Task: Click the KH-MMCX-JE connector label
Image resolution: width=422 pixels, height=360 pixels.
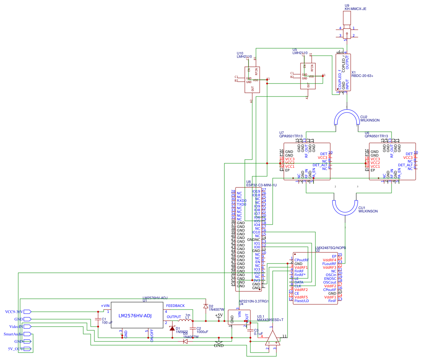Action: tap(356, 9)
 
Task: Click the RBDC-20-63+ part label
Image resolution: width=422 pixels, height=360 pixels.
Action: tap(362, 76)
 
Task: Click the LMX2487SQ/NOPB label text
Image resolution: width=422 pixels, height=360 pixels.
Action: tap(331, 247)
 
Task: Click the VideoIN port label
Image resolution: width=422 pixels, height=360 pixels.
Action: tap(16, 327)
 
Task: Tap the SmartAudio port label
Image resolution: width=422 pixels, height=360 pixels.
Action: tap(13, 334)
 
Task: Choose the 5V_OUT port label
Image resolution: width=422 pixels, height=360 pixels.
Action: tap(16, 349)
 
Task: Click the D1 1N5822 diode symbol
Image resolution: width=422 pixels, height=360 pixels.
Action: tap(172, 328)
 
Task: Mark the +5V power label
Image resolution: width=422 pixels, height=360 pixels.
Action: tap(219, 315)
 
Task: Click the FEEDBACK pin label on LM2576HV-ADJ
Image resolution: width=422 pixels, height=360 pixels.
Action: tap(175, 306)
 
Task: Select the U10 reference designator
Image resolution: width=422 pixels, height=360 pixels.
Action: tap(240, 53)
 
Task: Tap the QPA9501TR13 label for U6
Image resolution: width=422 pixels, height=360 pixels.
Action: tap(376, 136)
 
